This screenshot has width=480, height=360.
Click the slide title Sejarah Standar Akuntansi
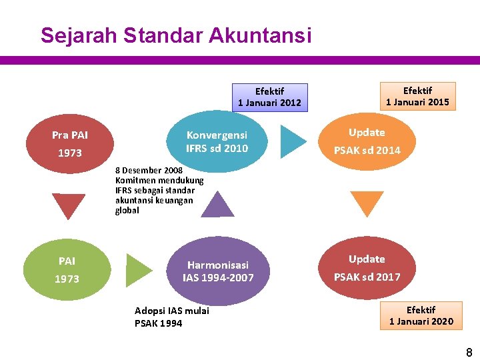(175, 35)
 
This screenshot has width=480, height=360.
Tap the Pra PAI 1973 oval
(70, 144)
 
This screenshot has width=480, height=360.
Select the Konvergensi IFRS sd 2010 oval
(217, 141)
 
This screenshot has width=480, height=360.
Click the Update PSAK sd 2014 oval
(367, 141)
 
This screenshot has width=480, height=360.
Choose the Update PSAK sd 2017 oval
(367, 268)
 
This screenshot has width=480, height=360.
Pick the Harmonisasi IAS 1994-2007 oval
(218, 271)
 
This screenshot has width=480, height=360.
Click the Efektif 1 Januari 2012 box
(269, 97)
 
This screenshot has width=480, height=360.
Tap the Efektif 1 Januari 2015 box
(417, 96)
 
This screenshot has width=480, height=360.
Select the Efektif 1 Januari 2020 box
(421, 315)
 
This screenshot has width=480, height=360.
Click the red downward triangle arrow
(68, 204)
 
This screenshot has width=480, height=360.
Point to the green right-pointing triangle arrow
(138, 270)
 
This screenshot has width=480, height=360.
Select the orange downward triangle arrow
(367, 202)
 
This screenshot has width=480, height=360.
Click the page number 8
(469, 353)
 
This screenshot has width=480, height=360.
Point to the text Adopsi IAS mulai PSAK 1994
(171, 317)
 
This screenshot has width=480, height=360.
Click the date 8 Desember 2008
(149, 170)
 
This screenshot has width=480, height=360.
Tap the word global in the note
(127, 210)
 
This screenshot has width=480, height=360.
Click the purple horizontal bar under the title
(240, 60)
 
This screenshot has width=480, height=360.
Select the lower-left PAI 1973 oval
(67, 269)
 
